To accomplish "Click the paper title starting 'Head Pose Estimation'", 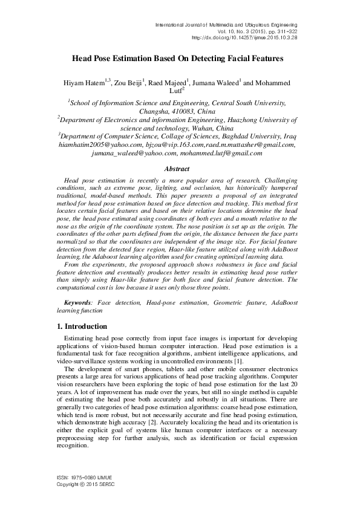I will point(178,59).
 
